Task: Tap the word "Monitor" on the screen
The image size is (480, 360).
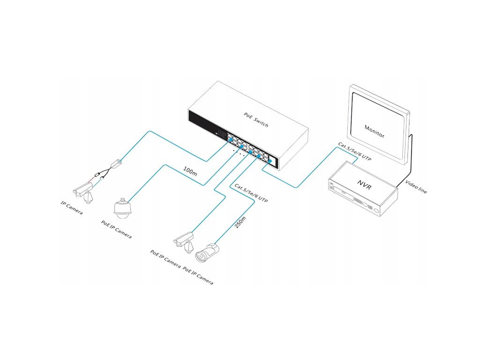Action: (375, 131)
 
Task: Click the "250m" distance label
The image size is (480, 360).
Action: (240, 221)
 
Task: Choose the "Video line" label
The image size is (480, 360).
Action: (416, 187)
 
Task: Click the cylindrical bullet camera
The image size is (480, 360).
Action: (207, 253)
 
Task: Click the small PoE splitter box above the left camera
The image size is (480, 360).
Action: (116, 164)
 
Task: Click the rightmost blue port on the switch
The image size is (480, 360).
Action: (270, 161)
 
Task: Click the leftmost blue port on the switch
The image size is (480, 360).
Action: (230, 140)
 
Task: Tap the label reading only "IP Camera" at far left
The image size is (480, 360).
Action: (72, 209)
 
